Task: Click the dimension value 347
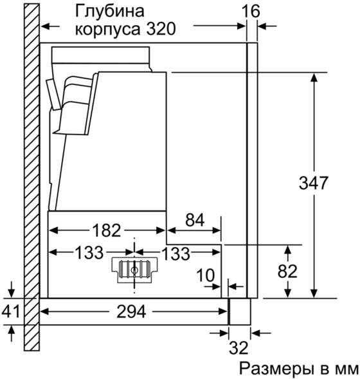[x=314, y=183]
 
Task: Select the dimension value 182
[x=107, y=230]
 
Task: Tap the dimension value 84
[x=194, y=219]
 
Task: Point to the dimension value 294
[x=131, y=311]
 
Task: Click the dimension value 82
[x=287, y=271]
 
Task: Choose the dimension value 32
[x=239, y=348]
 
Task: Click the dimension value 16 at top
[x=251, y=11]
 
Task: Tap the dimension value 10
[x=206, y=275]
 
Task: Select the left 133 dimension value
[x=89, y=253]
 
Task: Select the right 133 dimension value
[x=175, y=254]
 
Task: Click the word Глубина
[x=110, y=11]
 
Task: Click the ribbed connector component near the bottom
[x=134, y=270]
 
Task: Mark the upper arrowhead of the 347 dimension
[x=314, y=78]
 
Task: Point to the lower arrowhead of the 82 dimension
[x=287, y=293]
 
